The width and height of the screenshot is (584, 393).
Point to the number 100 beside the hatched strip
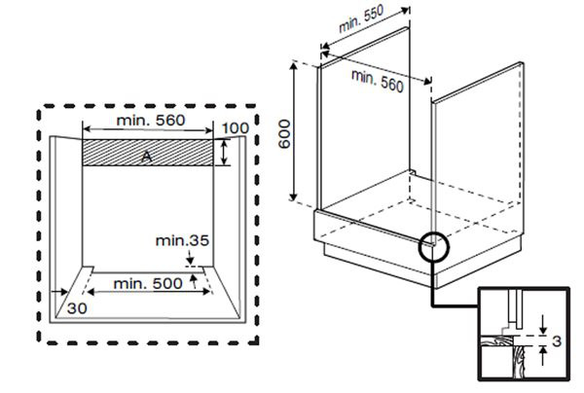(x=235, y=128)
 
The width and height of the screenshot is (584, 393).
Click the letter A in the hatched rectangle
(x=146, y=155)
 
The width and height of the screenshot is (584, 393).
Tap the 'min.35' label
(x=185, y=238)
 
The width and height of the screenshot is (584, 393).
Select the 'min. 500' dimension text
(x=147, y=283)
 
